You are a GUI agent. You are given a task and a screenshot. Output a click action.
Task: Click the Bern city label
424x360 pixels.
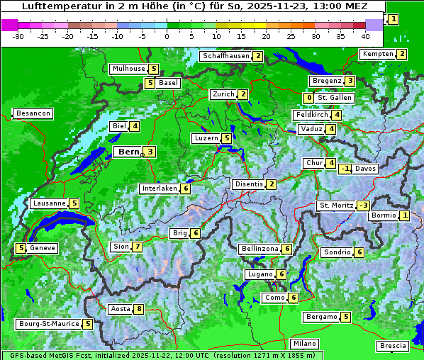(128, 152)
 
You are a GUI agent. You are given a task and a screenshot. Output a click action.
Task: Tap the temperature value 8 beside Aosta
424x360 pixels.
(139, 309)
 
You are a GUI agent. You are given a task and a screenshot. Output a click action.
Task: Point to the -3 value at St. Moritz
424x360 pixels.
(363, 206)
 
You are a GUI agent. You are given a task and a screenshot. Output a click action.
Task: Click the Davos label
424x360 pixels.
(365, 169)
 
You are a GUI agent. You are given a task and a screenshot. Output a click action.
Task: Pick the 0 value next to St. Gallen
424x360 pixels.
(308, 98)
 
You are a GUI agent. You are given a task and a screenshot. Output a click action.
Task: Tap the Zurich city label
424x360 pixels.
(223, 94)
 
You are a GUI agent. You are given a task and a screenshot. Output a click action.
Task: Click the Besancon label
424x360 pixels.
(33, 113)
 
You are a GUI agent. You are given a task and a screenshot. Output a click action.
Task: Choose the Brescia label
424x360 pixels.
(393, 346)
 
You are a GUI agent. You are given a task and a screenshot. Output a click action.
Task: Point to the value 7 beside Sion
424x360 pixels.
(137, 247)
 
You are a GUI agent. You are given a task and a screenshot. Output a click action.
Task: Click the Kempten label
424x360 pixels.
(377, 54)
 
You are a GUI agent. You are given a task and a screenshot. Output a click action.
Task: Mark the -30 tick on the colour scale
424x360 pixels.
(18, 35)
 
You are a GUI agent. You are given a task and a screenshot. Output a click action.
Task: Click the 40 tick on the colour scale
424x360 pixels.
(365, 35)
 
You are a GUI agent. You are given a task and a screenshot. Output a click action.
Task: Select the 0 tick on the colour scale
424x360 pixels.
(167, 35)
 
